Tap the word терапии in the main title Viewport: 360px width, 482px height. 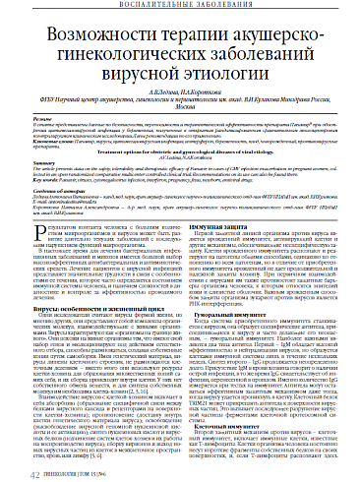click(174, 37)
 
